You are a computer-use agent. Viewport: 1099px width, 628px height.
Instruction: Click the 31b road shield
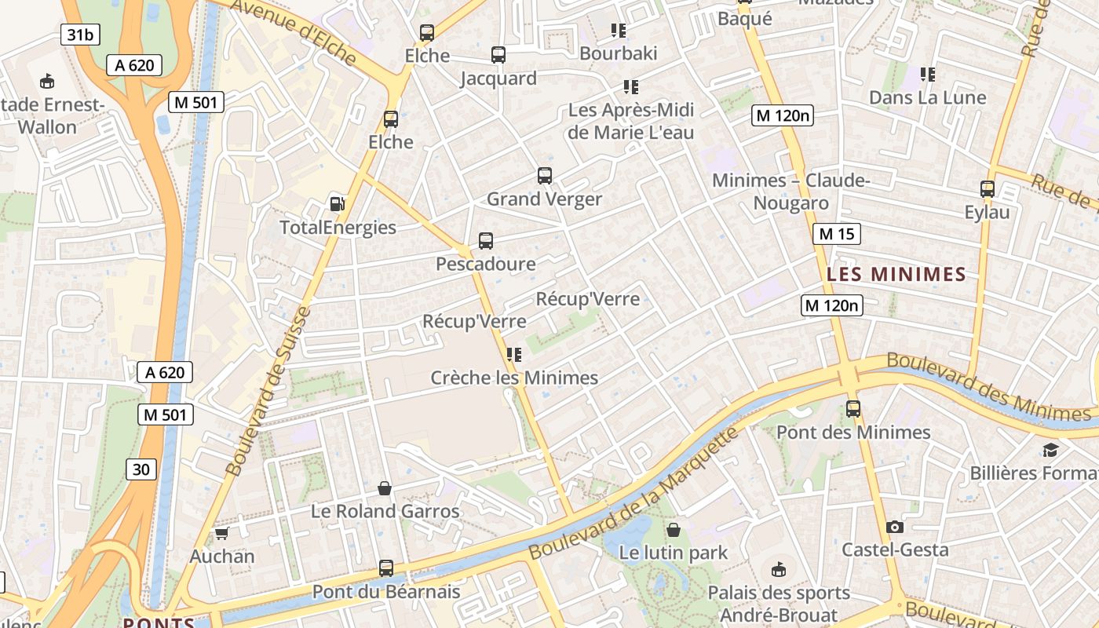[81, 34]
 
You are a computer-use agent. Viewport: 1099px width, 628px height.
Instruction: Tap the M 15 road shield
[837, 234]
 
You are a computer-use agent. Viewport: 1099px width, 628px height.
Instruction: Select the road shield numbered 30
[141, 469]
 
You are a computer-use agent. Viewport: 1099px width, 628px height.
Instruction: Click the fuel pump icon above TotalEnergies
[337, 204]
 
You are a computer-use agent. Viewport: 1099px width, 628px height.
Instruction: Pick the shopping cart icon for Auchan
[221, 534]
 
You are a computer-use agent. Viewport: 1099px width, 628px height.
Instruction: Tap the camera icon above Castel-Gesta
[894, 527]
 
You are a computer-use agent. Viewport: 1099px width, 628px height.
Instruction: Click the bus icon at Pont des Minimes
[853, 409]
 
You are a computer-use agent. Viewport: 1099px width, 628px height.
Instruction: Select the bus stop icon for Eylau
[988, 189]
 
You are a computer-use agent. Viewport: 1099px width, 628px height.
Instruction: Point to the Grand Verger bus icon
[545, 176]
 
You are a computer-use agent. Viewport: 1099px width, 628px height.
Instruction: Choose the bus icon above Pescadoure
[486, 241]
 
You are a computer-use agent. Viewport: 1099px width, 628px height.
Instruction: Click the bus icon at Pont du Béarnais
[386, 568]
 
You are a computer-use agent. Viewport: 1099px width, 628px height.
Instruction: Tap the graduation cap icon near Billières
[1050, 450]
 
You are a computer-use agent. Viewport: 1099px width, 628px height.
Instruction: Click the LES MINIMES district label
[896, 275]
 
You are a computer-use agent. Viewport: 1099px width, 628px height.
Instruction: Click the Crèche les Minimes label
[514, 378]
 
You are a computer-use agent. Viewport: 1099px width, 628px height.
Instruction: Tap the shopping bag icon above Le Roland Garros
[385, 488]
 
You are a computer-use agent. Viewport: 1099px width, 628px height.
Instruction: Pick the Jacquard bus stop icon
[498, 55]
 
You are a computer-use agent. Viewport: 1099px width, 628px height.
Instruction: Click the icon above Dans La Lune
[928, 75]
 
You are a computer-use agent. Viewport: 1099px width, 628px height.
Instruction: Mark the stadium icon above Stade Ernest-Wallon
[47, 81]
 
